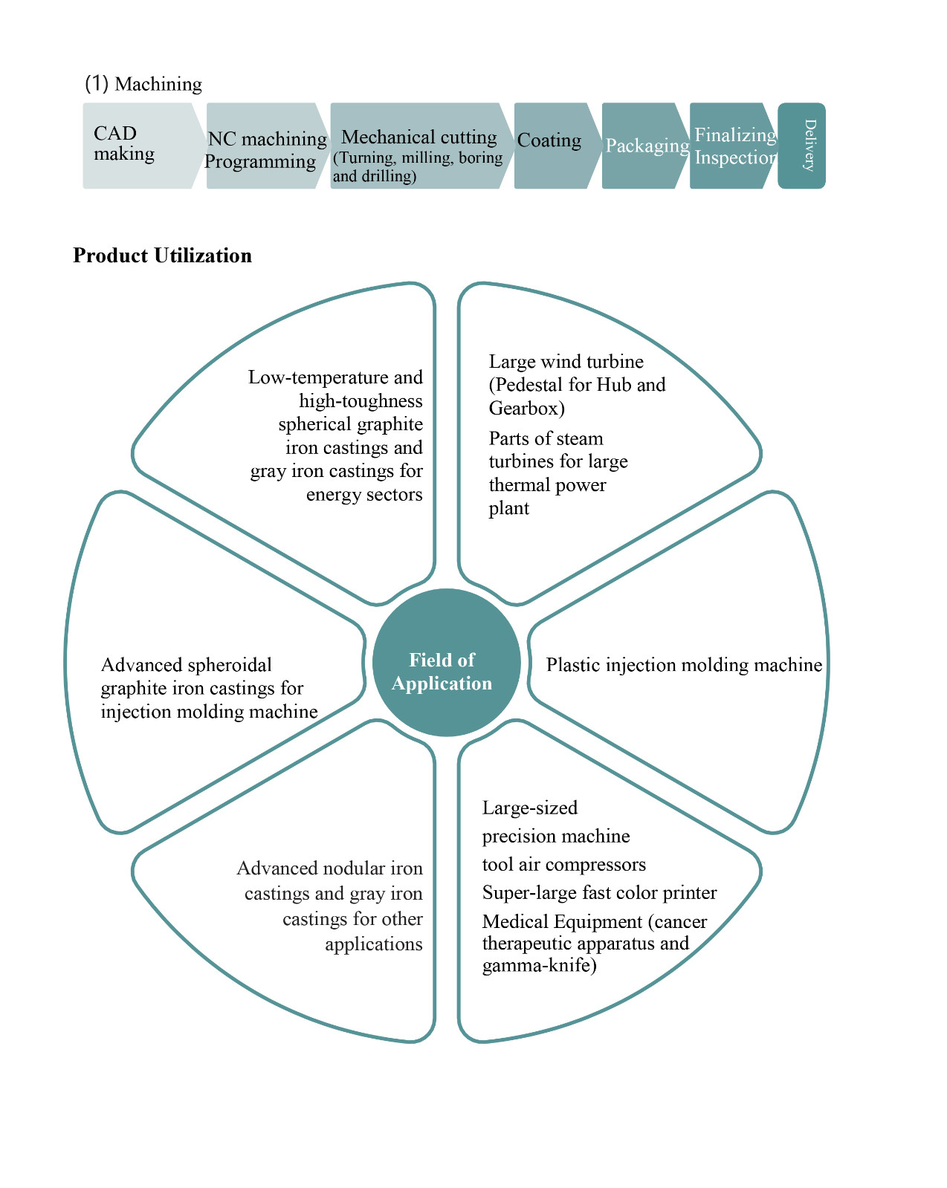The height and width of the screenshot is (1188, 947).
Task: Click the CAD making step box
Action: point(138,145)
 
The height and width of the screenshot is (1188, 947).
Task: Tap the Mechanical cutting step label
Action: point(418,137)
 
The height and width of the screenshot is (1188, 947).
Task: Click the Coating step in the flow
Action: point(550,141)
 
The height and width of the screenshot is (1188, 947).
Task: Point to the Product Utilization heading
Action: point(162,256)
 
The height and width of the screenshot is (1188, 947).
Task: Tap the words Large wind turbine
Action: point(566,362)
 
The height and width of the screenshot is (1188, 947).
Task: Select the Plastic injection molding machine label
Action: point(684,665)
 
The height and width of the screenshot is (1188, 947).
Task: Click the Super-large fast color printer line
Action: point(599,892)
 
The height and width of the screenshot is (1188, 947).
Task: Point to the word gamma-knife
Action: point(539,966)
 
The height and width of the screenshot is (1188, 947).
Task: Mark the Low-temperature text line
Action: point(335,377)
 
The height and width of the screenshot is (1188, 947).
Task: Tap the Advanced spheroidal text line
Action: point(186,665)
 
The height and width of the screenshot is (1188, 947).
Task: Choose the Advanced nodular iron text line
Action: point(329,869)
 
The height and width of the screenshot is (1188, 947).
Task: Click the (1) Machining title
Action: point(143,84)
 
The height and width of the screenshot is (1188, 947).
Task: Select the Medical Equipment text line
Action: point(595,922)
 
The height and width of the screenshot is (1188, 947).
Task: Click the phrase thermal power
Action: point(547,485)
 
